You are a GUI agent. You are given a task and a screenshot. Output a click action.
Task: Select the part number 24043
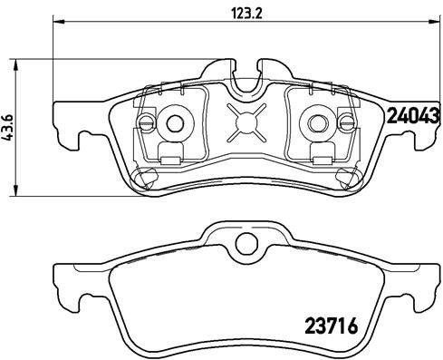(x=412, y=115)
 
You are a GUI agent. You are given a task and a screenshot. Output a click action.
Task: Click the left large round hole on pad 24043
(x=174, y=122)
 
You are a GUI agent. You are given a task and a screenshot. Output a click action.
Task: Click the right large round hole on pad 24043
(x=320, y=122)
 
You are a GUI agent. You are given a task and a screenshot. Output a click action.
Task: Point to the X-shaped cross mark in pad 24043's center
(x=247, y=122)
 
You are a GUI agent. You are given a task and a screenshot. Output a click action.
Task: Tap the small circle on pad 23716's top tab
(x=245, y=243)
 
